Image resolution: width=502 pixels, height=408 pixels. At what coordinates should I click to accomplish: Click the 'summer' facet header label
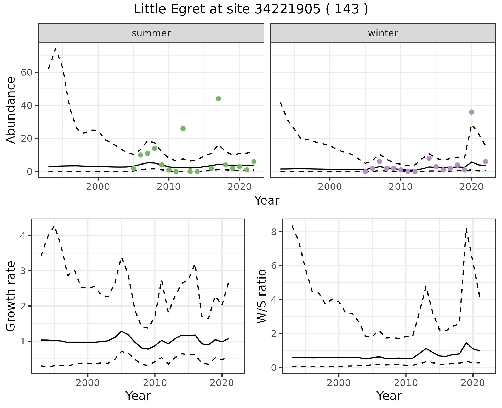tap(151, 33)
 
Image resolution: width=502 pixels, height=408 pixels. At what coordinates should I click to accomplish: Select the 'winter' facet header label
tap(383, 33)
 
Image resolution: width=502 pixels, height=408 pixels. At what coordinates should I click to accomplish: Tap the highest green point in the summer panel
tap(218, 99)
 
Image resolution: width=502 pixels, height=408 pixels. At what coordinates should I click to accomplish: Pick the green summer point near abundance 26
tap(183, 128)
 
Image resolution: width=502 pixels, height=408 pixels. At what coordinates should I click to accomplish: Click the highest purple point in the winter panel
tap(471, 112)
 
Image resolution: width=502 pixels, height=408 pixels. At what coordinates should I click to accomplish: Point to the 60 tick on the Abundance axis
tap(26, 72)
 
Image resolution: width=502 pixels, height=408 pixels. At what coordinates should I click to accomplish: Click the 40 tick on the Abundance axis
tap(26, 105)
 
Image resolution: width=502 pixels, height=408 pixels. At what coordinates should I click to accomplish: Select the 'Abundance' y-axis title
tap(11, 110)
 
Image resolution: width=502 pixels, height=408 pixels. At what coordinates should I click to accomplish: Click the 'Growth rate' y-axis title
tap(11, 296)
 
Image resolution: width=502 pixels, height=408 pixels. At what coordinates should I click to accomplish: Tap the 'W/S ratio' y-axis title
tap(262, 296)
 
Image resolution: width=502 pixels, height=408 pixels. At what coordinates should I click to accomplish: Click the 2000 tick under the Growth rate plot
tap(88, 383)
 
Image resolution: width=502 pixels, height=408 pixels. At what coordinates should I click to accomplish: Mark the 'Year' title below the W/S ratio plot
tap(389, 396)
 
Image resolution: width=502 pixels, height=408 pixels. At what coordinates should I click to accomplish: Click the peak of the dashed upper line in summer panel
tap(56, 49)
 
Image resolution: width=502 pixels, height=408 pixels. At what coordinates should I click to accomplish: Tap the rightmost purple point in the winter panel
tap(486, 162)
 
